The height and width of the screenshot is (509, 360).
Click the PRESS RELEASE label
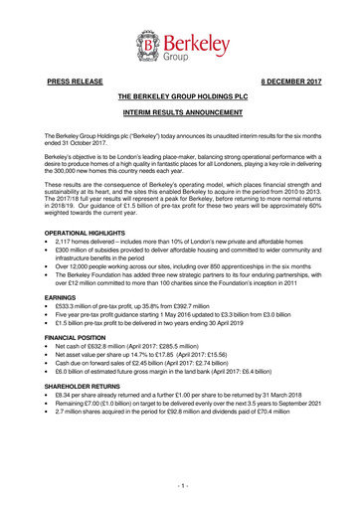[x=70, y=87]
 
